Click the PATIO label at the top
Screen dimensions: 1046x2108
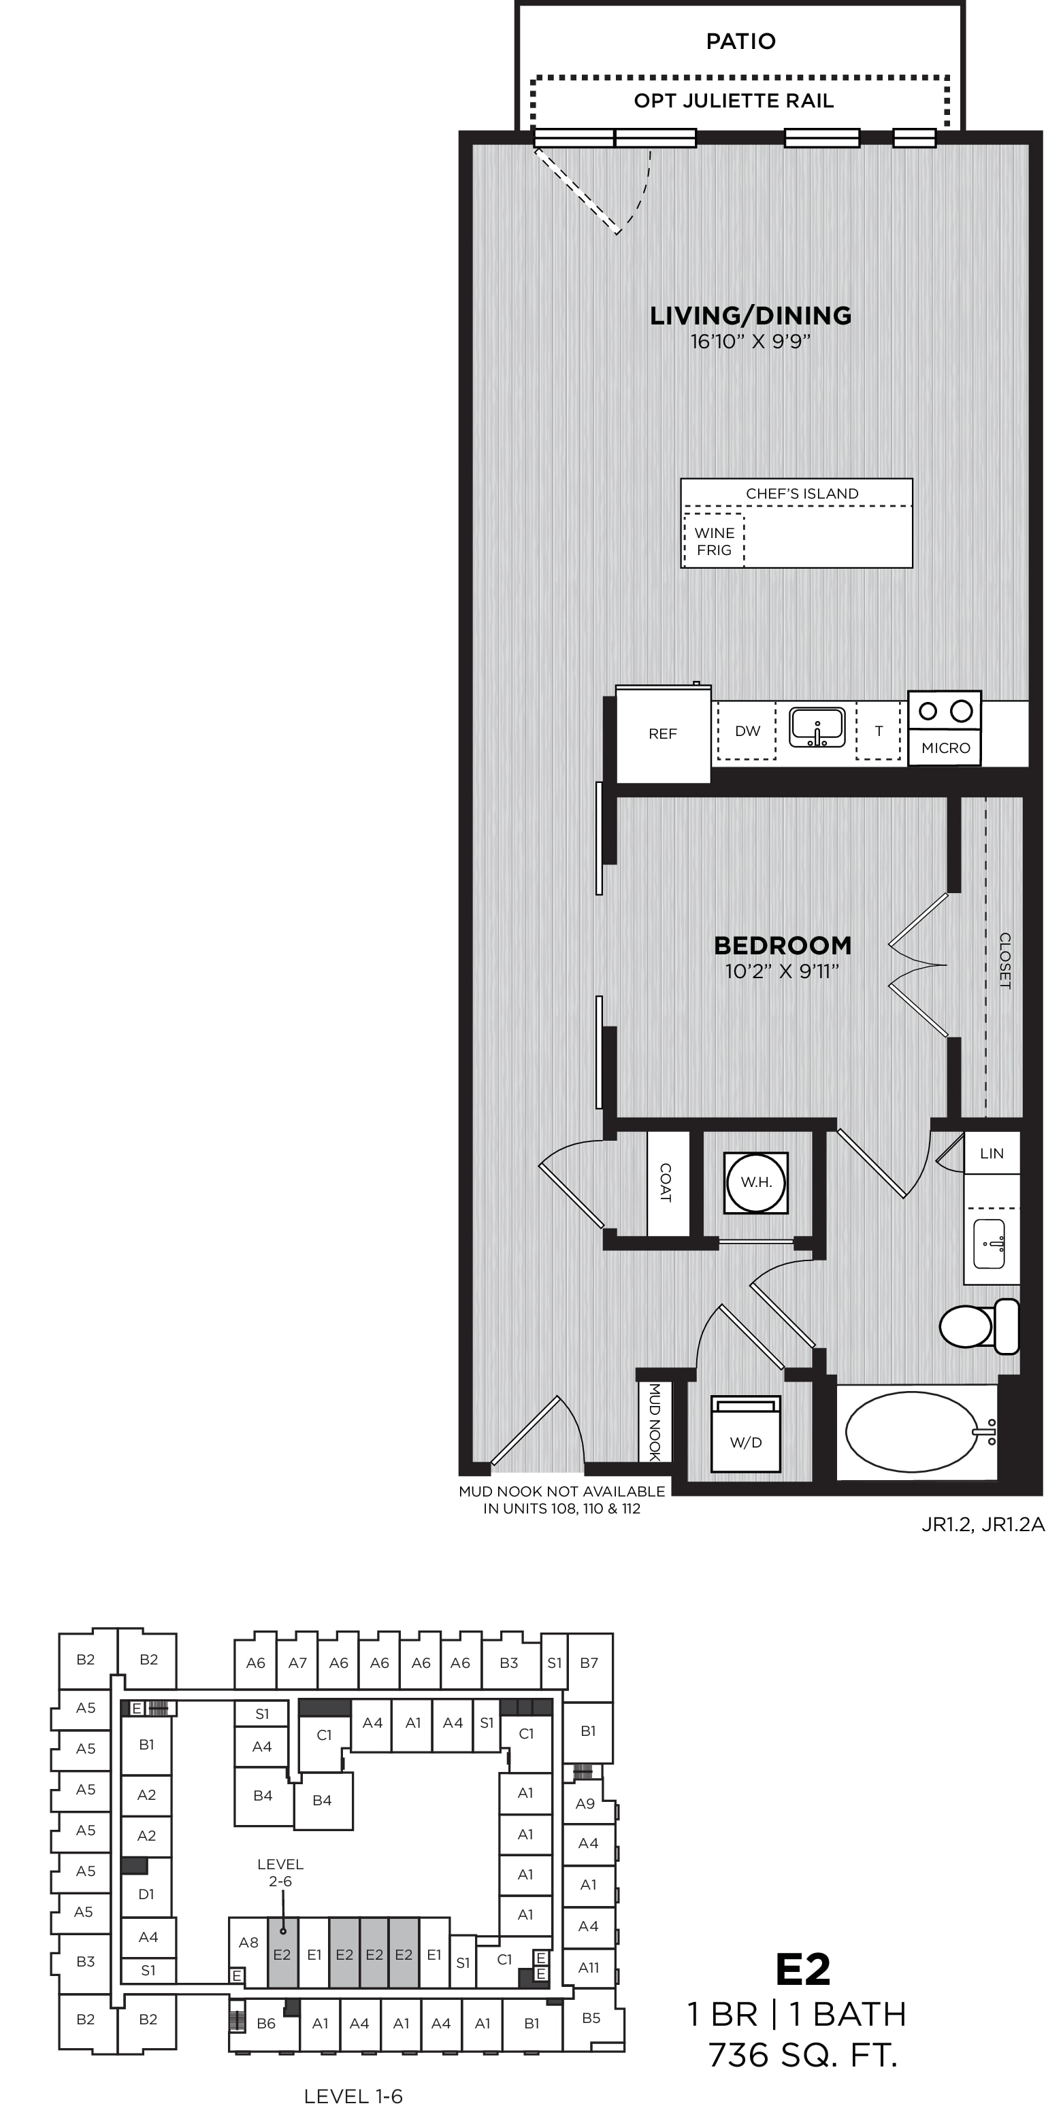[740, 41]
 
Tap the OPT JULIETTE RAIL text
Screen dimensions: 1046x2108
[734, 101]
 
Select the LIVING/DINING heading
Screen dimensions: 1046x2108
[751, 315]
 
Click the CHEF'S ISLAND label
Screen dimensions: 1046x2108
[802, 493]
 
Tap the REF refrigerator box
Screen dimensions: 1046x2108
[663, 734]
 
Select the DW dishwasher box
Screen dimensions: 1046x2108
[747, 731]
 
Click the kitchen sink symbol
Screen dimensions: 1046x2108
[817, 727]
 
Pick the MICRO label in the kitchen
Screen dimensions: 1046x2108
[945, 748]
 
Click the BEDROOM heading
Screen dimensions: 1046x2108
[783, 945]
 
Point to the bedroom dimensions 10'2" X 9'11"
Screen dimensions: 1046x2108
[783, 971]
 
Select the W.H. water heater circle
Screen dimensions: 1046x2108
[756, 1182]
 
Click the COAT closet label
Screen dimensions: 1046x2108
[666, 1182]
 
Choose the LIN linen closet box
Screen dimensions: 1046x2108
[991, 1153]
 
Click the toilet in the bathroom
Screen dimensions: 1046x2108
[979, 1325]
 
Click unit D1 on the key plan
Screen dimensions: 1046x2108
[146, 1894]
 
